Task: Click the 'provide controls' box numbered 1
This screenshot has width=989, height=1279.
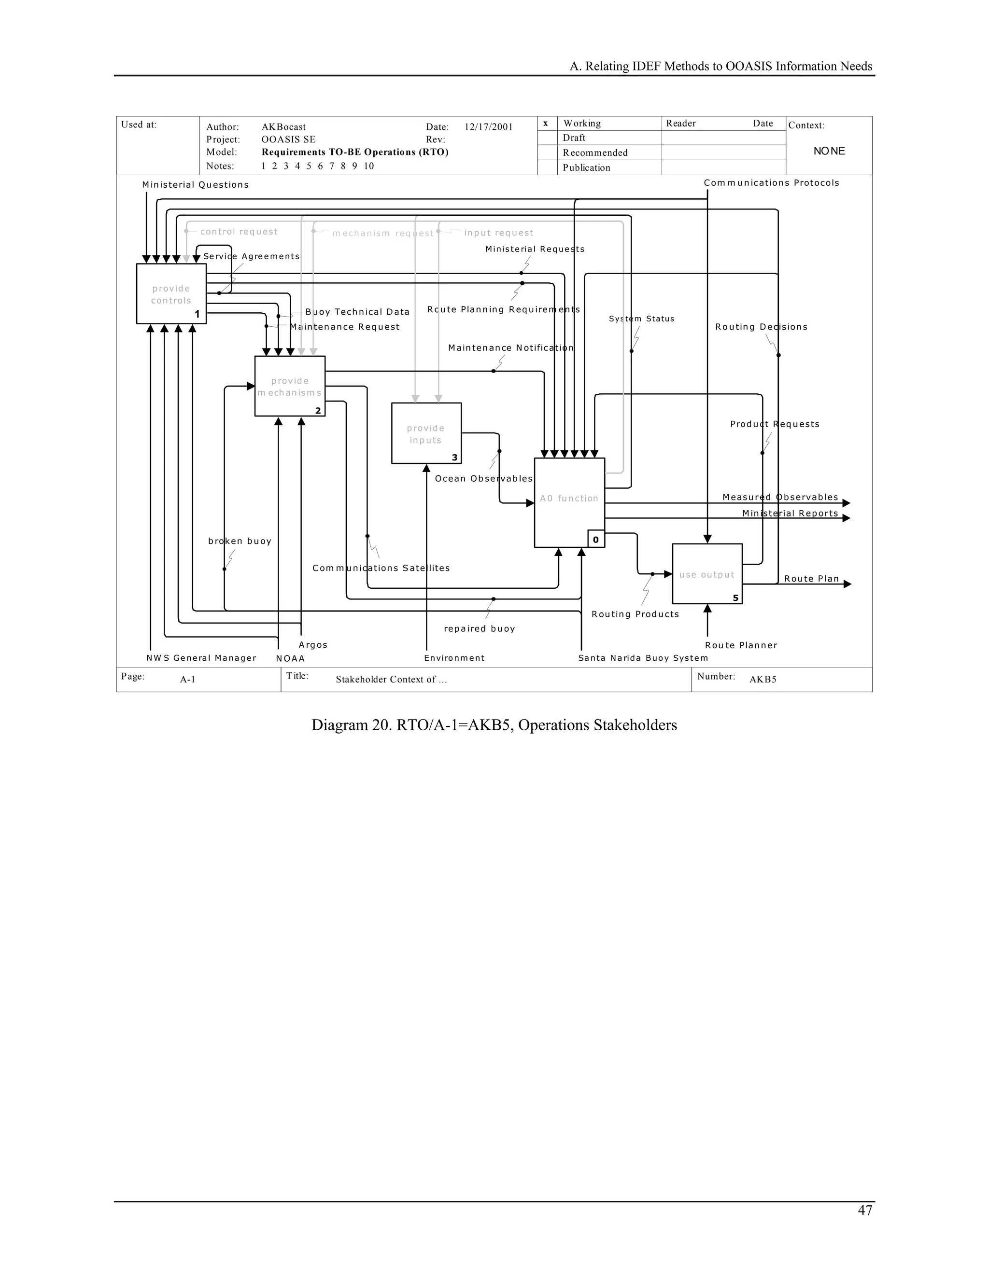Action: [x=171, y=293]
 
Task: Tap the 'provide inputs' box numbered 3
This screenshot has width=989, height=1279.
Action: [x=426, y=433]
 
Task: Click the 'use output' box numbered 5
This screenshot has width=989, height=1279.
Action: [x=706, y=574]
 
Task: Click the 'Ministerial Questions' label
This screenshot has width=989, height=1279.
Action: [x=195, y=184]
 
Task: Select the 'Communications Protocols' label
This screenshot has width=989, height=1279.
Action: [x=771, y=183]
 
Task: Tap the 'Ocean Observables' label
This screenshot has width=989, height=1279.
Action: [x=483, y=478]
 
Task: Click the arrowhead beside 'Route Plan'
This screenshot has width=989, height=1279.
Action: [x=847, y=584]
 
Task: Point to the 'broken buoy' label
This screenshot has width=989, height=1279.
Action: [x=240, y=541]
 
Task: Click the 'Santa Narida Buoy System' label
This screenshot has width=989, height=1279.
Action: [x=643, y=658]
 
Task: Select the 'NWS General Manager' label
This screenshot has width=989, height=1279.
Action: [x=201, y=658]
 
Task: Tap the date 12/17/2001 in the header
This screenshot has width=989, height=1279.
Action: [x=488, y=127]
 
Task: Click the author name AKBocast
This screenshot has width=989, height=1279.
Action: [x=283, y=127]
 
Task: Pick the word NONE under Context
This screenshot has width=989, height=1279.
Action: [x=829, y=151]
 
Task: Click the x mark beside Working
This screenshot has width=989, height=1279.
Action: [x=546, y=123]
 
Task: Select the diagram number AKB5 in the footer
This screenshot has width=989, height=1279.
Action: [x=762, y=680]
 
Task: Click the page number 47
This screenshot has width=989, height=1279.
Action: [x=865, y=1210]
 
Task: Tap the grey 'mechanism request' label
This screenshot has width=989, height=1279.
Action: [x=382, y=233]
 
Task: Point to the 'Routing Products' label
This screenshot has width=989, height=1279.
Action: [x=635, y=614]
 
